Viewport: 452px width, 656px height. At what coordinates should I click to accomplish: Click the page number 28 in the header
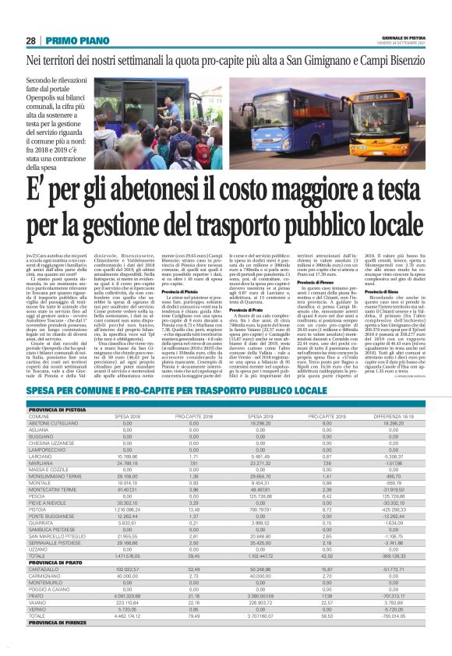point(31,41)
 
